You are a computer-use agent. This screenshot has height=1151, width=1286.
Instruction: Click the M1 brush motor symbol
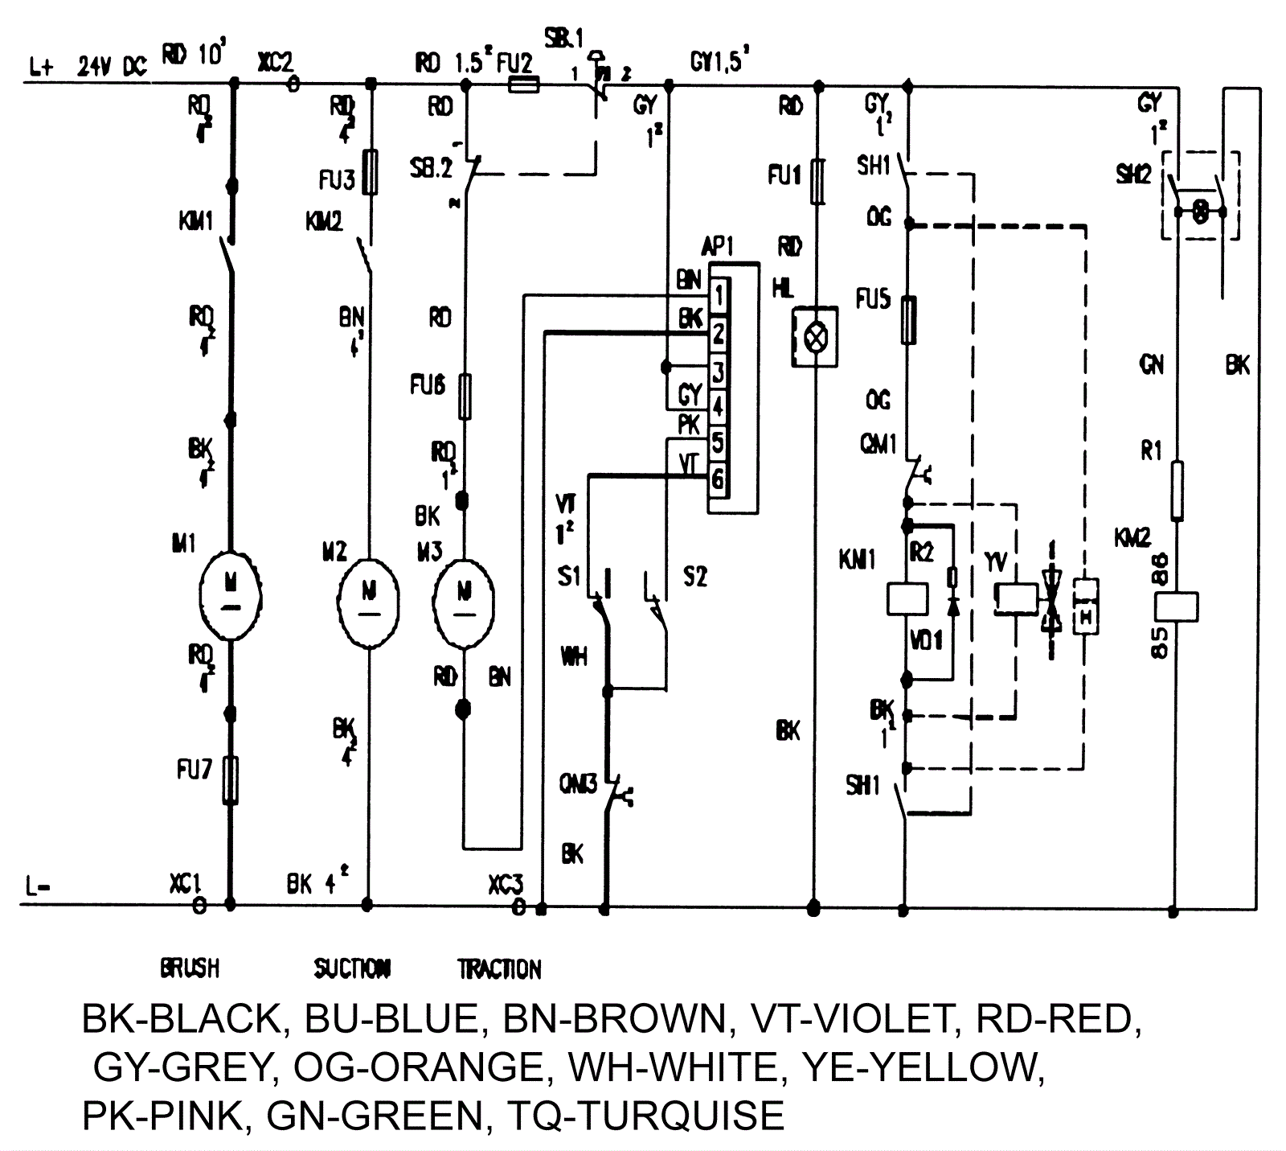click(x=231, y=596)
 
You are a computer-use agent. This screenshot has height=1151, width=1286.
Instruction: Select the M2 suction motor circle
click(x=369, y=602)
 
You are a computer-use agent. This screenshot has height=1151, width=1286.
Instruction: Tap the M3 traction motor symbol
click(x=464, y=602)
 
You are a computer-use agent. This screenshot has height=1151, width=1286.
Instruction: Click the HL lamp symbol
click(x=816, y=337)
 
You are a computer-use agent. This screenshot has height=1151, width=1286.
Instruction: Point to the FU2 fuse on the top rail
click(x=524, y=84)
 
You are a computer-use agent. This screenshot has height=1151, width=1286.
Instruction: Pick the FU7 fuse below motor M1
click(x=231, y=779)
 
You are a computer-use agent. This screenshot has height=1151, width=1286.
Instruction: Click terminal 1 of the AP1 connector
click(x=718, y=294)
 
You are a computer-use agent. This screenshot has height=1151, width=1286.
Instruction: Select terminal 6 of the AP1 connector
click(x=718, y=479)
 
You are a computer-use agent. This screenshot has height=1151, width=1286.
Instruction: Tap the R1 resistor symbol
click(x=1177, y=490)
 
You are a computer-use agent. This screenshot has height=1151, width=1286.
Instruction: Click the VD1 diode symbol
click(x=953, y=607)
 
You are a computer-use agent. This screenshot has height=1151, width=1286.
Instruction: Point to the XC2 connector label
click(x=275, y=63)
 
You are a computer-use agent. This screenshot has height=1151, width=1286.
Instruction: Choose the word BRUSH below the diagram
click(x=190, y=968)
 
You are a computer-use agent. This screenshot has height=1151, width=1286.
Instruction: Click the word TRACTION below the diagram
click(x=499, y=968)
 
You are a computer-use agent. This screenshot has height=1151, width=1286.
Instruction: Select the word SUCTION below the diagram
click(x=352, y=968)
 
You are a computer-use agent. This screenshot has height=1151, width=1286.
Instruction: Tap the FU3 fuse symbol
click(x=370, y=172)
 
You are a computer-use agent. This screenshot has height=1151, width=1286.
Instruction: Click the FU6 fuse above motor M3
click(x=465, y=396)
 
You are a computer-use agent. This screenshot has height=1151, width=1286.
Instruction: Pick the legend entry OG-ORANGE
click(x=419, y=1067)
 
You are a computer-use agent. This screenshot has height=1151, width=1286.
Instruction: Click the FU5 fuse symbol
click(x=908, y=320)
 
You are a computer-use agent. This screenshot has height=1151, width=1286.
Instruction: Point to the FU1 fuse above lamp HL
click(x=817, y=182)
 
